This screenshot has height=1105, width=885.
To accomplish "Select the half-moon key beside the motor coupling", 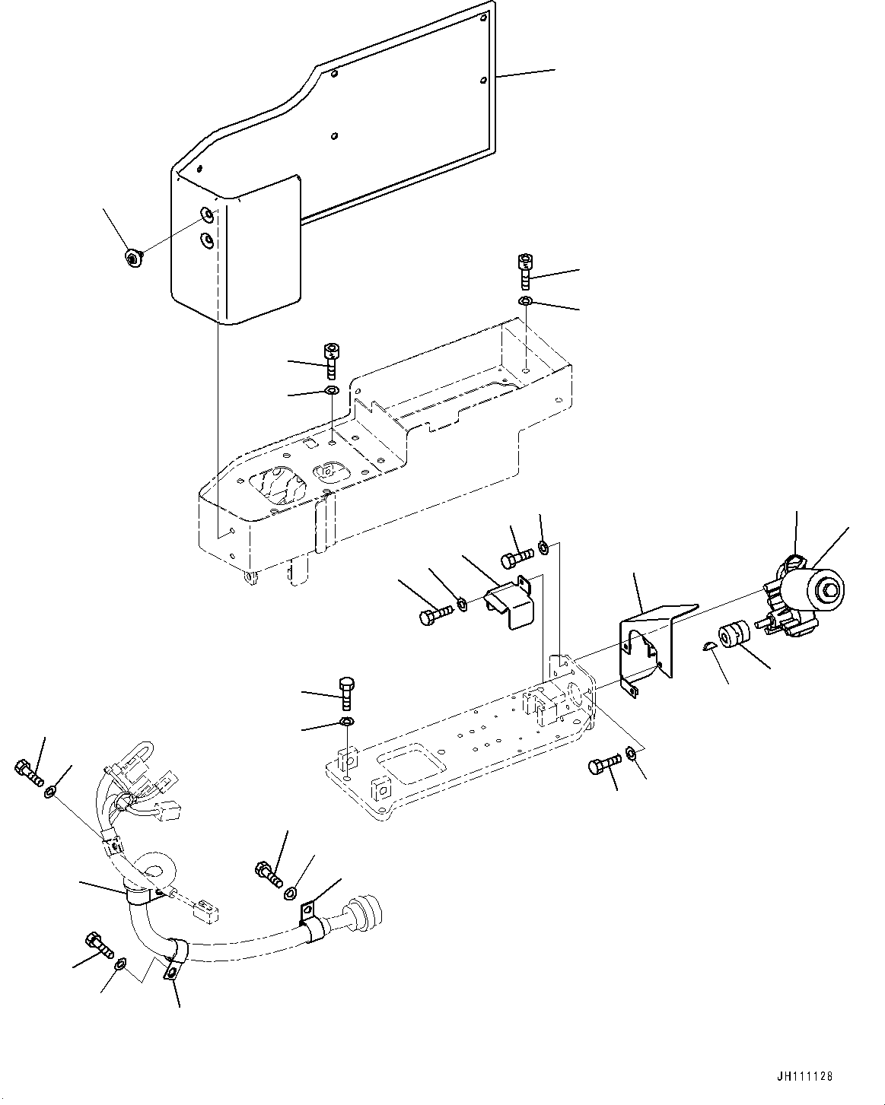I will click(x=707, y=646).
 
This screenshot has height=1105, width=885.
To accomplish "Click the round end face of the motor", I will click(x=829, y=589).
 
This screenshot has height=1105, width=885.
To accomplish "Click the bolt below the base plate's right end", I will click(x=601, y=766).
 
